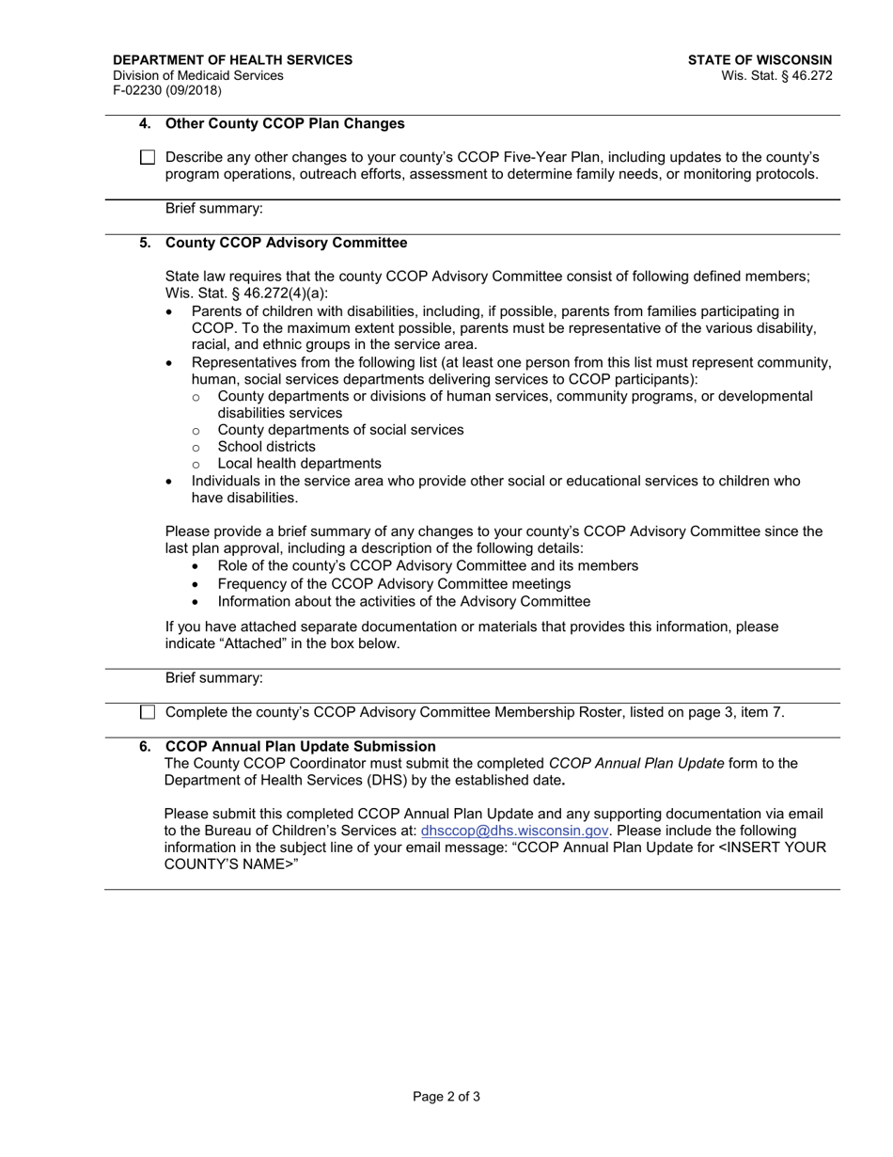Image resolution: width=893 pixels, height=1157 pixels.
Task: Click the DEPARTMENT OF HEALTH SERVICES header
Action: coord(232,60)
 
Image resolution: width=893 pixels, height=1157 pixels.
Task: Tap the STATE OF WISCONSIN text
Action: coord(760,60)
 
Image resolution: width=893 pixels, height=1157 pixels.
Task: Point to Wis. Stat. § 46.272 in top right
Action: coord(776,75)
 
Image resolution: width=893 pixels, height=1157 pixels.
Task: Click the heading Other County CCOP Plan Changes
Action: coord(285,123)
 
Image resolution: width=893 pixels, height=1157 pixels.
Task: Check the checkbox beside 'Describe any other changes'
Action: coord(148,158)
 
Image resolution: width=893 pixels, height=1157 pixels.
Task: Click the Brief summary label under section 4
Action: coord(213,208)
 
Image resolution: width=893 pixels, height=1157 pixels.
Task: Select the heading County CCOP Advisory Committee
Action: coord(286,243)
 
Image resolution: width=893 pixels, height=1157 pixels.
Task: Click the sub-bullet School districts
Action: coord(266,447)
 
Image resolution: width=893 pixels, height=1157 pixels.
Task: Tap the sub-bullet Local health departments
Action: coord(299,464)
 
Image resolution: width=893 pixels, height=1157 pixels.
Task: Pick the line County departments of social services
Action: coord(340,430)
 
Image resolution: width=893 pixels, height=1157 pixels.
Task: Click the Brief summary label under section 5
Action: coord(213,677)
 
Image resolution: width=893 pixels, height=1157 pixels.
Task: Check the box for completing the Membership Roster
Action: coord(148,712)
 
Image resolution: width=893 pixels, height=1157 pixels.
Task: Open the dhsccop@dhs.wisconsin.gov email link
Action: coord(515,831)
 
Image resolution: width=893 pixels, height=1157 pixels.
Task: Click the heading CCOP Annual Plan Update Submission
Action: coord(300,746)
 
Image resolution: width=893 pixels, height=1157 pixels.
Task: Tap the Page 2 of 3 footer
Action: coord(446,1096)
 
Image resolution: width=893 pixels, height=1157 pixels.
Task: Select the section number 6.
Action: coord(145,746)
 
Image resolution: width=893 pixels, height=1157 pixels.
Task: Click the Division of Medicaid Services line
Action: coord(197,75)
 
